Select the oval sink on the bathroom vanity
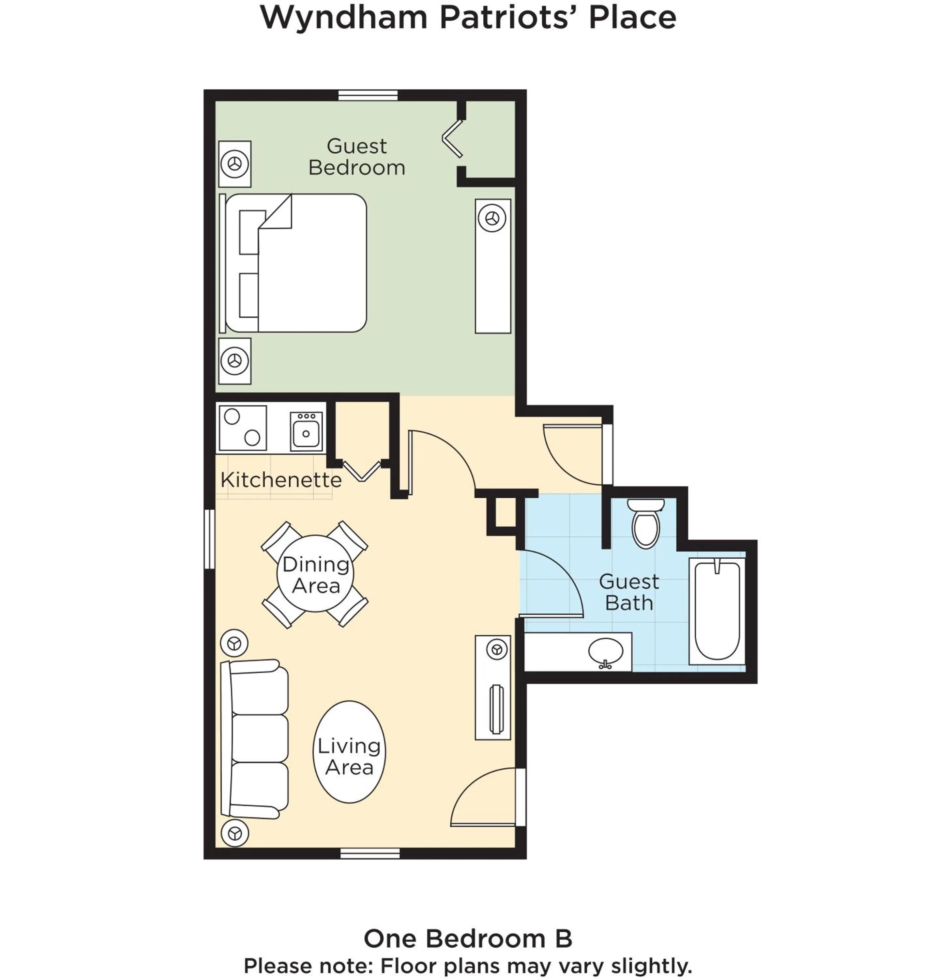point(605,651)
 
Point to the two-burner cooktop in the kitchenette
point(243,428)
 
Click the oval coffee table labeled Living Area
point(349,752)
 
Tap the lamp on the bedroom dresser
point(492,218)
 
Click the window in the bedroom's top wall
point(368,95)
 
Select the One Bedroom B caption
point(467,938)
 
